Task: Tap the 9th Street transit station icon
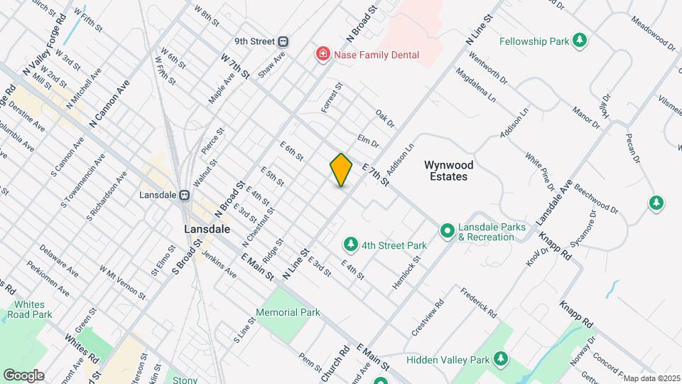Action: [x=283, y=41]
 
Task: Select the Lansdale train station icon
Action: [x=184, y=194]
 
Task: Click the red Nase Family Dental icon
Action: [x=323, y=55]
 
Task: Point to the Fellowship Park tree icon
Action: [x=580, y=41]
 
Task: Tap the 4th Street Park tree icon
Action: [x=350, y=245]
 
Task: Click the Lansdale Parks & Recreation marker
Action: [x=447, y=230]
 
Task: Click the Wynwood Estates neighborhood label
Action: [x=449, y=170]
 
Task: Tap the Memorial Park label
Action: [x=288, y=312]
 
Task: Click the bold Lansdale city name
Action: [x=207, y=230]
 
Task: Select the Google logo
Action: [x=23, y=375]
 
